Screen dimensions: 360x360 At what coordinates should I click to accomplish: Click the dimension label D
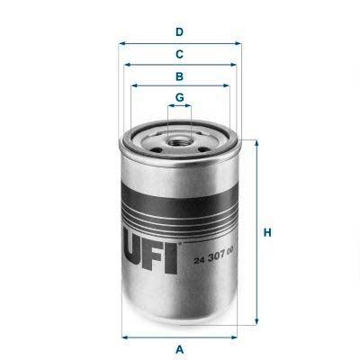(x=180, y=32)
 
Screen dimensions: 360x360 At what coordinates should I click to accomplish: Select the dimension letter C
(x=180, y=54)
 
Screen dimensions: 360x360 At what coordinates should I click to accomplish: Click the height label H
(x=267, y=234)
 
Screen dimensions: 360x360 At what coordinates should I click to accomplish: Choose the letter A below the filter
(x=180, y=349)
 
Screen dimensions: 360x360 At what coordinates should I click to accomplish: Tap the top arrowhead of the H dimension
(x=257, y=142)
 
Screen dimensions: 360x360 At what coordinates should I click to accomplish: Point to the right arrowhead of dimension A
(x=238, y=337)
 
